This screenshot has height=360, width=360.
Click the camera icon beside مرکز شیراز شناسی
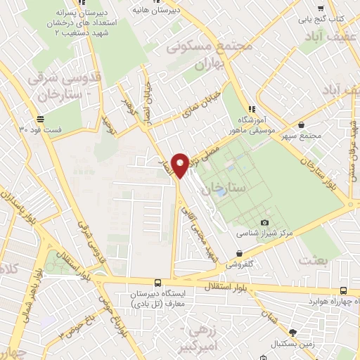pyautogui.click(x=264, y=223)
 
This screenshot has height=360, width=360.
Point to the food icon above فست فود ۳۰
pyautogui.click(x=41, y=119)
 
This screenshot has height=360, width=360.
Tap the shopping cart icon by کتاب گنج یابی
pyautogui.click(x=321, y=9)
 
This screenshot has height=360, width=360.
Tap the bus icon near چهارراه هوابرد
pyautogui.click(x=343, y=291)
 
